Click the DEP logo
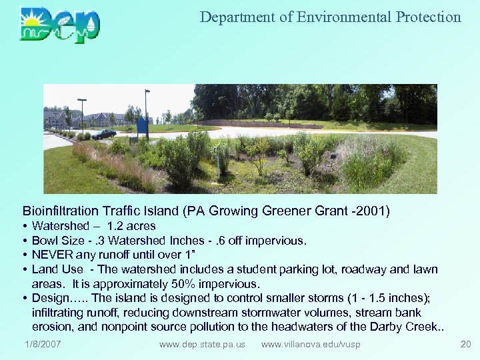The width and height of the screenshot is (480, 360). [59, 23]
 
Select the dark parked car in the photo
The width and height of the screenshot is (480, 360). [103, 134]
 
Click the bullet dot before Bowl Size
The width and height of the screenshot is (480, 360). [25, 241]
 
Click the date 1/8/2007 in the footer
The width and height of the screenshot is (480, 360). [43, 344]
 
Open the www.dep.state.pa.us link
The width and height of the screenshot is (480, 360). [202, 344]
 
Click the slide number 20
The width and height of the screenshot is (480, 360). [465, 344]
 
